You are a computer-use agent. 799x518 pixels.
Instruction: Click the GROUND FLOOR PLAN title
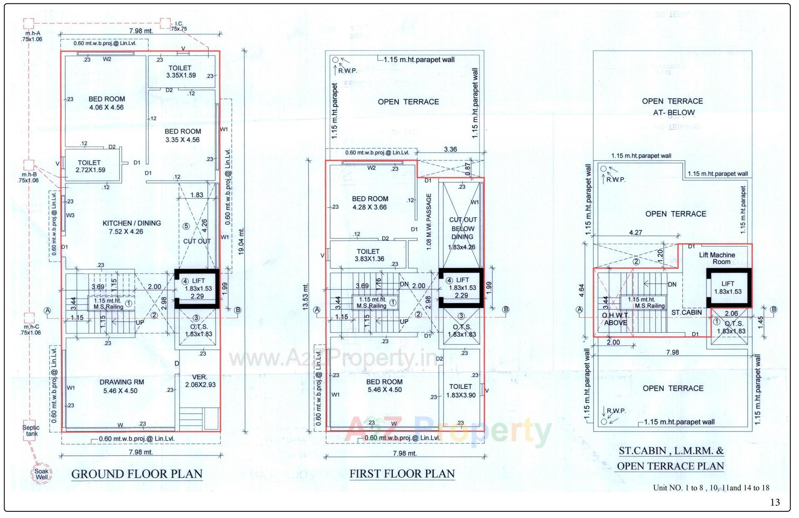pos(137,474)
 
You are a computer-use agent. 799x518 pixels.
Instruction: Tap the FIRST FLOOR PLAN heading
pos(402,474)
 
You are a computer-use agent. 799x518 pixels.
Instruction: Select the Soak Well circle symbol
pos(42,474)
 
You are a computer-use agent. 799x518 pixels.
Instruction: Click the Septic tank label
pos(31,431)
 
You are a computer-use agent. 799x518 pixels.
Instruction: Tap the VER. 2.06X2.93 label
pos(200,381)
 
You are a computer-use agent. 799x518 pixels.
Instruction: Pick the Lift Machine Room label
pos(717,258)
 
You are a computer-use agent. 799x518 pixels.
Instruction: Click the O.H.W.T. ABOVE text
pos(615,319)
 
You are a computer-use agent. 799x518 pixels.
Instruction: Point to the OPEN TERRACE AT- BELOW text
pos(672,107)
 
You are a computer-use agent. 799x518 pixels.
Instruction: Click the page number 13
pos(775,502)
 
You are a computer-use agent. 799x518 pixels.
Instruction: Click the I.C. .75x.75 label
pos(179,26)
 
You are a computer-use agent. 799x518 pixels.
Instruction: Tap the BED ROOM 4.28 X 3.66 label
pos(370,203)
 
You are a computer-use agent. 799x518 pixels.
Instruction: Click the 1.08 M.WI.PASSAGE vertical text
pos(429,222)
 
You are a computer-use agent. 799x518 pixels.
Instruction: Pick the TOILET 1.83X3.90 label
pos(461,391)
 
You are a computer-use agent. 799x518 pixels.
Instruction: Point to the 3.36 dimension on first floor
pos(451,149)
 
